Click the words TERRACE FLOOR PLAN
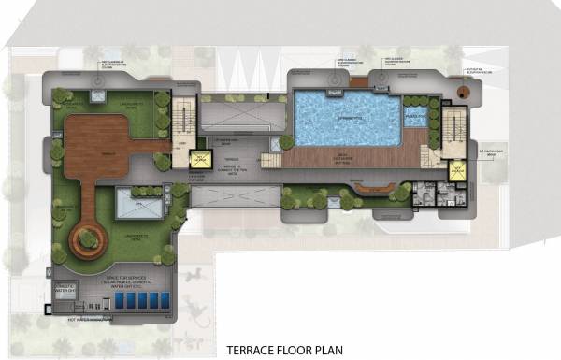pyautogui.click(x=284, y=352)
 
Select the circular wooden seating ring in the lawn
pyautogui.click(x=88, y=240)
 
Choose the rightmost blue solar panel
pyautogui.click(x=165, y=301)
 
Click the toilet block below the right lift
pyautogui.click(x=435, y=194)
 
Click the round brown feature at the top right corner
pyautogui.click(x=461, y=93)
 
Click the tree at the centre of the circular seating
pyautogui.click(x=88, y=238)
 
